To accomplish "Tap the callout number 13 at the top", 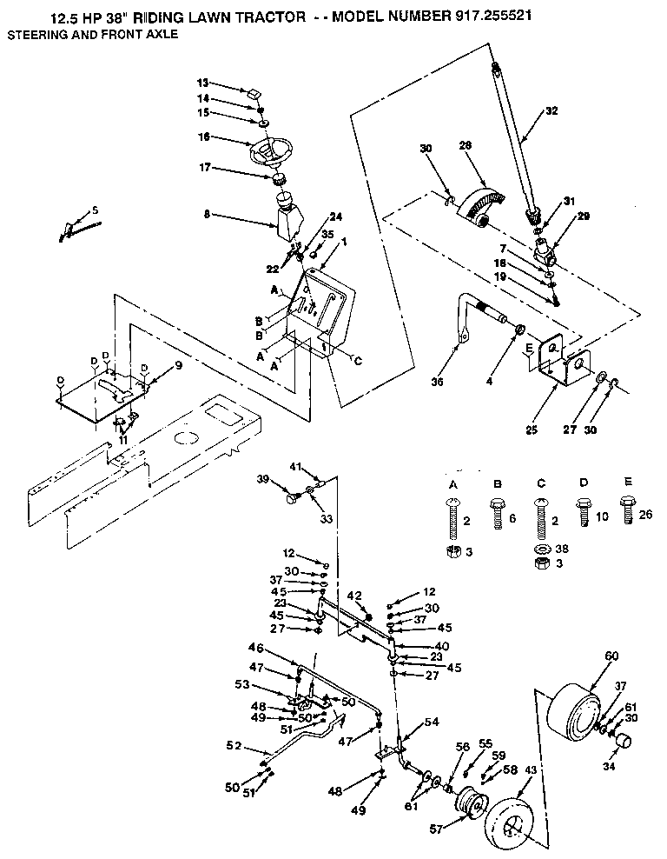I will pyautogui.click(x=202, y=83).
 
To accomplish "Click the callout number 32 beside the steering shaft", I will pyautogui.click(x=551, y=110).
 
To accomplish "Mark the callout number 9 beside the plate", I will pyautogui.click(x=178, y=366).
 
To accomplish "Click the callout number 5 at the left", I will pyautogui.click(x=95, y=210).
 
